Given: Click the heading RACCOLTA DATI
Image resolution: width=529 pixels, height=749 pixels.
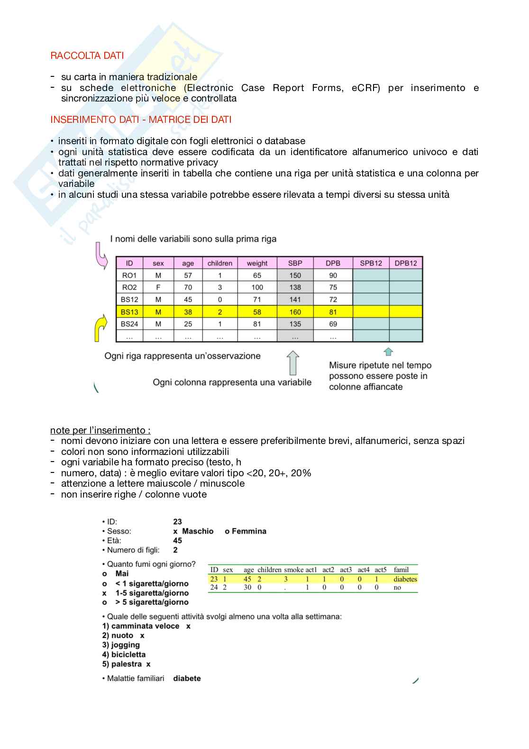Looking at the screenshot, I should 87,55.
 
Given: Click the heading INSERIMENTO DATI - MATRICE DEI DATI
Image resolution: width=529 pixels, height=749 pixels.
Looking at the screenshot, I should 141,120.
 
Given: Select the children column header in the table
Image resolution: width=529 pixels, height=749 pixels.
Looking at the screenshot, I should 219,263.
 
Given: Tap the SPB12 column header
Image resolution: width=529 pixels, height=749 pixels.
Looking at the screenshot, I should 371,263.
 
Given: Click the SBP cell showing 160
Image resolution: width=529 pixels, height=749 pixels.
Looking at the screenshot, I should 295,312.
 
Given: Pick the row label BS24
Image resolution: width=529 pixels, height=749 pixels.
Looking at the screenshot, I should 129,324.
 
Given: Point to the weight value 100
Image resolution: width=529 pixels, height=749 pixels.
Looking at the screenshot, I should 257,287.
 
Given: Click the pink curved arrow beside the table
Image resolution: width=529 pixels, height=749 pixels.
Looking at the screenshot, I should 101,255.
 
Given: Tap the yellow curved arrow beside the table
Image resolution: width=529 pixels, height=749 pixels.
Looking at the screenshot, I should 100,329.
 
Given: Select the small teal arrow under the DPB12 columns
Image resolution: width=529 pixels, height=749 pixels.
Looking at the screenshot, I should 388,351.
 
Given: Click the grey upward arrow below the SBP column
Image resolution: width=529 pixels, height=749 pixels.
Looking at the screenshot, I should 293,363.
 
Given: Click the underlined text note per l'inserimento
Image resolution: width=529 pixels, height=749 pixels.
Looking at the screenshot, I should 100,430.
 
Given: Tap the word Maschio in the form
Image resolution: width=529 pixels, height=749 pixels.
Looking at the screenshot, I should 198,531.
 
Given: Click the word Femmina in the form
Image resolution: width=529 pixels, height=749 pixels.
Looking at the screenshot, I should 249,531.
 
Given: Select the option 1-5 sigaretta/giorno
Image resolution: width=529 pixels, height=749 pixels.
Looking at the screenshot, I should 152,593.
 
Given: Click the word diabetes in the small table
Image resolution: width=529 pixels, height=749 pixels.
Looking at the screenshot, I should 405,579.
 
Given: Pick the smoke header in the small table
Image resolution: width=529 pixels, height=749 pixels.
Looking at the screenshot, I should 293,570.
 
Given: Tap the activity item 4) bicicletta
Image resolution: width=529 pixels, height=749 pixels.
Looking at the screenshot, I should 124,655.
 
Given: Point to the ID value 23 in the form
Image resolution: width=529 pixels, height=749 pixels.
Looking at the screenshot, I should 177,522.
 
